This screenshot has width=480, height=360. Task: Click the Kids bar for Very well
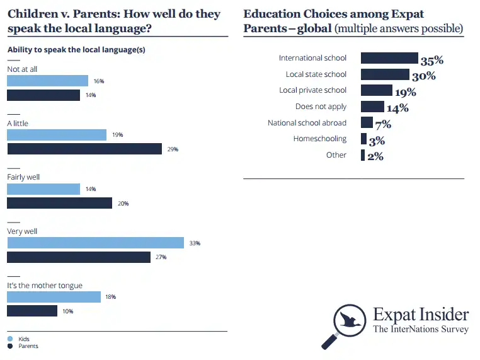[95, 243]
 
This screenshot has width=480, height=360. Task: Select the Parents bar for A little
[84, 149]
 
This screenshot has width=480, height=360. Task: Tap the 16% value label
[99, 81]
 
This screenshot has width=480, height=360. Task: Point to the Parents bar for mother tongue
[32, 311]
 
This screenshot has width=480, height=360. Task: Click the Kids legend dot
[9, 339]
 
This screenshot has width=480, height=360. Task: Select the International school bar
[389, 58]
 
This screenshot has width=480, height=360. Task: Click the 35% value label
[432, 61]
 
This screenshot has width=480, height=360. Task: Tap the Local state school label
[316, 74]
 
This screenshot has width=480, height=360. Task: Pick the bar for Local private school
[376, 90]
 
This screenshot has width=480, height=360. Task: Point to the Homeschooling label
[319, 139]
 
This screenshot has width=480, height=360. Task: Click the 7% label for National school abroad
[383, 125]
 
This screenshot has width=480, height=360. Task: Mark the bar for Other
[363, 155]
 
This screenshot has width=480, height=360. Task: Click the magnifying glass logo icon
[346, 323]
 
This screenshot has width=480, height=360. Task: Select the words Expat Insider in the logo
[421, 315]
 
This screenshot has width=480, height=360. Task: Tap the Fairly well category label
[23, 177]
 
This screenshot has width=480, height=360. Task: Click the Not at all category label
[22, 69]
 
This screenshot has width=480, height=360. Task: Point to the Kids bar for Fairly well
[43, 189]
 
